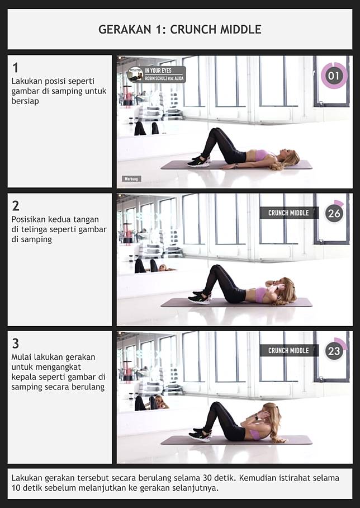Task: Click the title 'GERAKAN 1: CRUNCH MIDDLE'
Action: (x=179, y=30)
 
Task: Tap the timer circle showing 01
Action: (x=334, y=76)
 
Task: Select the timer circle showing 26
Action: (x=334, y=213)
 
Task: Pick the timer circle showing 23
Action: (x=334, y=351)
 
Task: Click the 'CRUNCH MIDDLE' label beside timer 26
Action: (x=288, y=213)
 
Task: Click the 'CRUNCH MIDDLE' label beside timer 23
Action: (x=288, y=351)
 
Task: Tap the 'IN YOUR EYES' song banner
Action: (x=157, y=74)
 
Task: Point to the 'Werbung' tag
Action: (x=131, y=178)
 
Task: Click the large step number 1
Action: (x=15, y=68)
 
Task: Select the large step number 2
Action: (x=16, y=206)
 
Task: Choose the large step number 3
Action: (x=16, y=344)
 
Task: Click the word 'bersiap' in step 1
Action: (x=25, y=101)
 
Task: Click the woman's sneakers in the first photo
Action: (x=199, y=161)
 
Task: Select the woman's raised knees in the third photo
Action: (x=216, y=406)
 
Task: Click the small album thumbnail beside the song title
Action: (x=135, y=74)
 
